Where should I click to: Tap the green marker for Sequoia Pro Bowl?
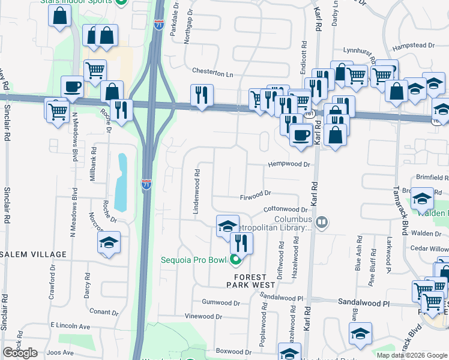click(x=235, y=260)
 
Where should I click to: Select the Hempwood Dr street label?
click(x=289, y=164)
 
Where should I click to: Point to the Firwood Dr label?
click(x=256, y=194)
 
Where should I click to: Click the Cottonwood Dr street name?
click(x=285, y=209)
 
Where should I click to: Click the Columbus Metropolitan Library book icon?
click(x=322, y=223)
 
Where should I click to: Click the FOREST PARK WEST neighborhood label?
click(x=250, y=281)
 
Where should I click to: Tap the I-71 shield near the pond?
click(x=146, y=184)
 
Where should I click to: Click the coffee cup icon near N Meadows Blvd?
click(x=72, y=86)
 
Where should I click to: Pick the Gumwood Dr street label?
click(x=221, y=302)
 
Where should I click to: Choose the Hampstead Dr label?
click(x=412, y=46)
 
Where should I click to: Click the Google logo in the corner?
click(x=20, y=353)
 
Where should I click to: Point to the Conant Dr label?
click(x=103, y=312)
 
